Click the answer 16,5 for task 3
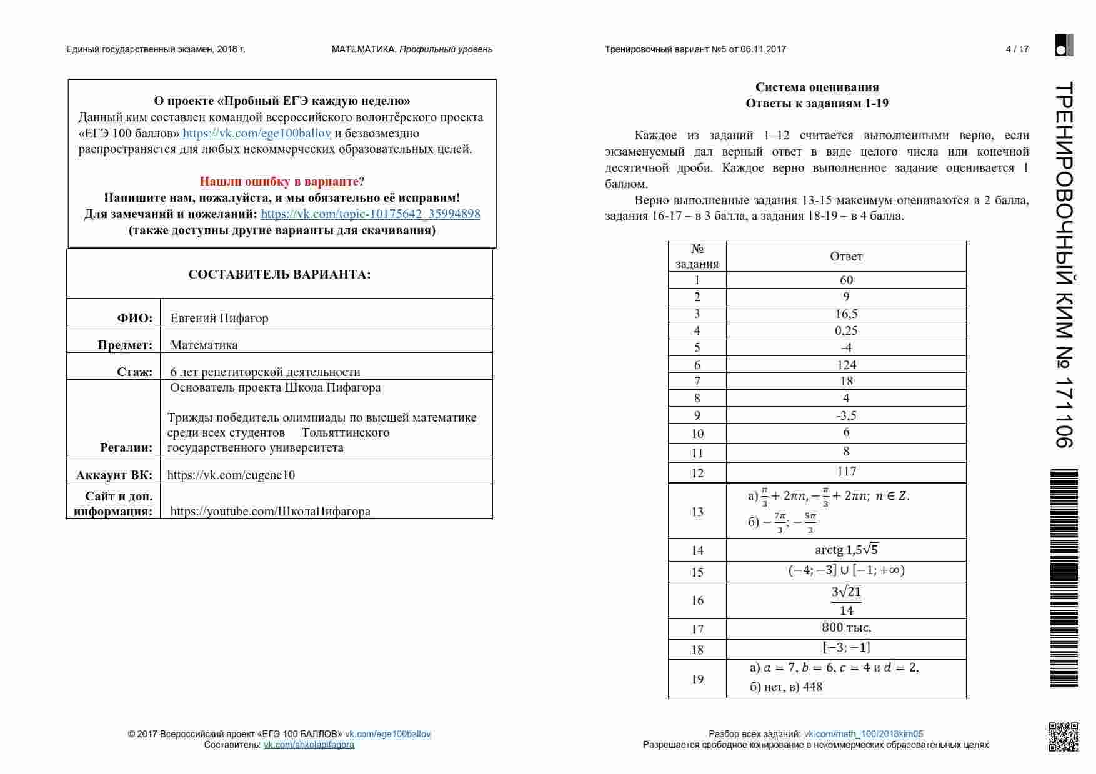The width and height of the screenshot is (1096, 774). pyautogui.click(x=846, y=314)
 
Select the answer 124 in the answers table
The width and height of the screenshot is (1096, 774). pyautogui.click(x=846, y=365)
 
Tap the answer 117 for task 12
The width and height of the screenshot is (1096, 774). pyautogui.click(x=846, y=472)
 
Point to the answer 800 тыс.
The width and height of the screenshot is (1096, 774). pyautogui.click(x=846, y=628)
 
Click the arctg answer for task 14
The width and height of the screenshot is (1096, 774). pyautogui.click(x=846, y=550)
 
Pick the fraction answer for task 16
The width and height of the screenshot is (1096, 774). pyautogui.click(x=846, y=600)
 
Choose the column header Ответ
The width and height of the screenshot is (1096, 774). pyautogui.click(x=846, y=256)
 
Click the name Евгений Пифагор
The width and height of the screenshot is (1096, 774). pyautogui.click(x=219, y=318)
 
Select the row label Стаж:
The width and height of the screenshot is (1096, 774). pyautogui.click(x=134, y=372)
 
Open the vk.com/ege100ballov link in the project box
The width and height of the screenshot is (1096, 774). pyautogui.click(x=257, y=133)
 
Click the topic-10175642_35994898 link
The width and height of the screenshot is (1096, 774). pyautogui.click(x=371, y=214)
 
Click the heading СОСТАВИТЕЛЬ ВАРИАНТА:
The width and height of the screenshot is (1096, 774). pyautogui.click(x=279, y=275)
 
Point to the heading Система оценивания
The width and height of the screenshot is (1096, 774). pyautogui.click(x=817, y=87)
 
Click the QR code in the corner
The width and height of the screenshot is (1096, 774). pyautogui.click(x=1063, y=737)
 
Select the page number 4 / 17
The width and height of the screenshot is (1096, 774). pyautogui.click(x=1017, y=49)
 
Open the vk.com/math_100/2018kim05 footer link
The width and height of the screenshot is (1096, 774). pyautogui.click(x=863, y=734)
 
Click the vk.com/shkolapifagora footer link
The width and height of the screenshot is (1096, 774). pyautogui.click(x=309, y=745)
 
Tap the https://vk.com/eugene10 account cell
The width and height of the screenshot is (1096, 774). pyautogui.click(x=231, y=475)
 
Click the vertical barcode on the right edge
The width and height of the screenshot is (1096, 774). pyautogui.click(x=1064, y=578)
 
